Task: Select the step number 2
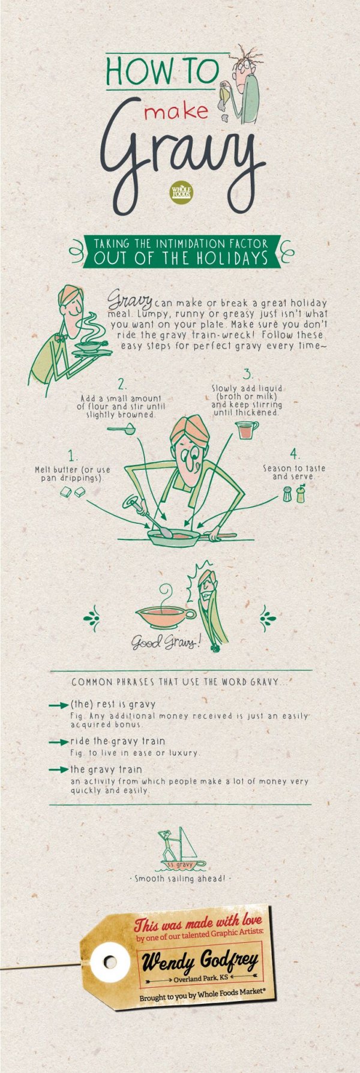(122, 385)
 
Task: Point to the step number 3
(248, 374)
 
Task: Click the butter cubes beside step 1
(73, 492)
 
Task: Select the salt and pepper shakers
(294, 493)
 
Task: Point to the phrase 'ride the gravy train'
(118, 741)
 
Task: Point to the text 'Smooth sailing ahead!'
(180, 879)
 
